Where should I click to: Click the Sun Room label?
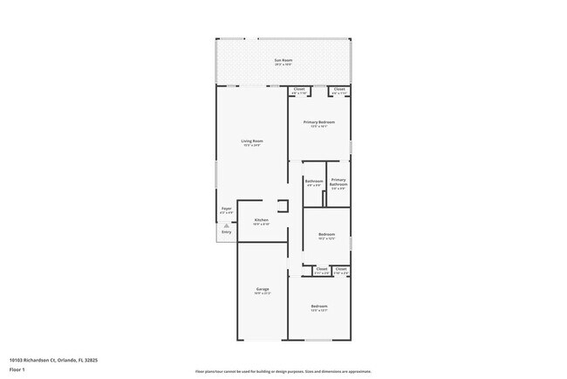283,61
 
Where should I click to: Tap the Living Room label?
252,141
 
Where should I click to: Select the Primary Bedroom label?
319,123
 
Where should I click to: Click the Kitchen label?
261,221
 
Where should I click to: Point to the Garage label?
262,290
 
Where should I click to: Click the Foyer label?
226,210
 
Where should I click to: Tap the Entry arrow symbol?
226,224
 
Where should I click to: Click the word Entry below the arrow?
226,232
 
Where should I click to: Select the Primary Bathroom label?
338,183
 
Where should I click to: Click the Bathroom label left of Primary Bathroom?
313,183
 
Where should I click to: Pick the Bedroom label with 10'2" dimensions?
326,236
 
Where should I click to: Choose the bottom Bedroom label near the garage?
319,307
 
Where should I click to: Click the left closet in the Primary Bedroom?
298,90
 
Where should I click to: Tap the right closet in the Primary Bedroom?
339,90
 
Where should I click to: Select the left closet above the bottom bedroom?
321,270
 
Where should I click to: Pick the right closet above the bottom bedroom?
341,270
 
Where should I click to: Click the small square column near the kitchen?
283,206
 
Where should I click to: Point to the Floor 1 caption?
17,369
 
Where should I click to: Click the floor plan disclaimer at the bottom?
283,369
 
